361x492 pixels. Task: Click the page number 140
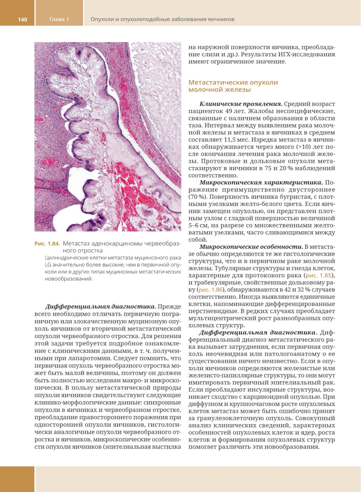point(22,19)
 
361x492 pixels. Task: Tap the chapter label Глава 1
point(59,19)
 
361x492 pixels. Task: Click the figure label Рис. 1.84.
point(47,243)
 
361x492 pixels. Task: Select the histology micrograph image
point(108,137)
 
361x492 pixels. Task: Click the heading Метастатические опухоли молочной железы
point(233,86)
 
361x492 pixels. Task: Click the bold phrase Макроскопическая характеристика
point(261,183)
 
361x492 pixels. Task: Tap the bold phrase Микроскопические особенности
point(251,247)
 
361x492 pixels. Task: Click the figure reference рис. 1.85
point(318,275)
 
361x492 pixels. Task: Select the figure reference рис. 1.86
point(210,290)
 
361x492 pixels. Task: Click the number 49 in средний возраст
point(229,111)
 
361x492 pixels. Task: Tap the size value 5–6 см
point(198,225)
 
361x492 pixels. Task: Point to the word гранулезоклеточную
point(237,418)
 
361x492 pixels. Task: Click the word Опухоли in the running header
point(102,19)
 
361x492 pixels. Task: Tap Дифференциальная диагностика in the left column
point(100,307)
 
